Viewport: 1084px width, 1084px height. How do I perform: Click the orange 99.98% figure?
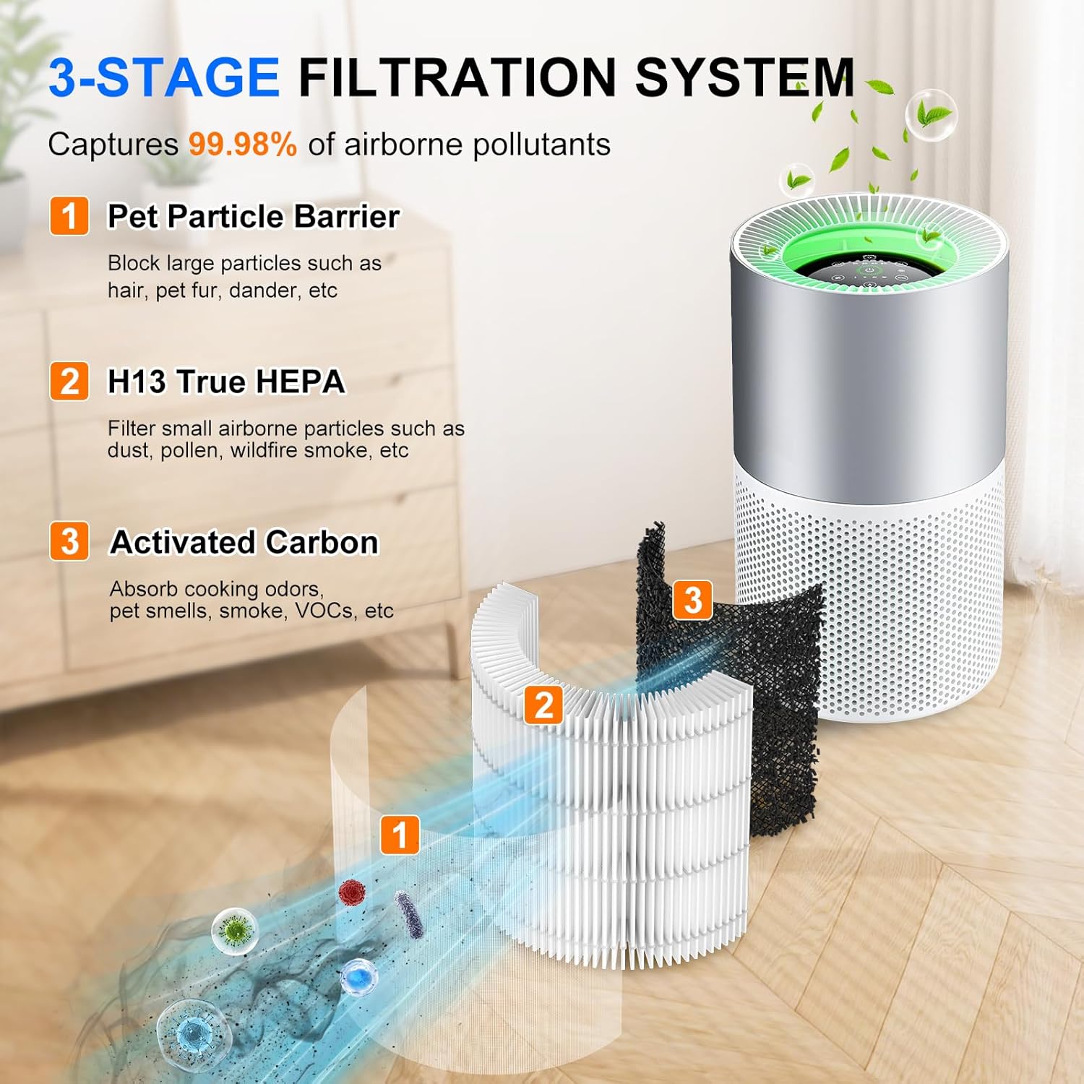(243, 145)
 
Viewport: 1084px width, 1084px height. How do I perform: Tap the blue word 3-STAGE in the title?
(164, 77)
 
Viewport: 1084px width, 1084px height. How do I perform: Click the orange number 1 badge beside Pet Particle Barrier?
(69, 216)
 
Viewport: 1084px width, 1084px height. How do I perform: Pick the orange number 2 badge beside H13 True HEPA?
(69, 382)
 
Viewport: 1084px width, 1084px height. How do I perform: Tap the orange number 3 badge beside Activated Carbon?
(69, 541)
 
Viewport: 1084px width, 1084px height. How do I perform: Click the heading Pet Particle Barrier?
(253, 216)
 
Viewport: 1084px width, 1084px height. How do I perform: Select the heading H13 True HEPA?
(226, 382)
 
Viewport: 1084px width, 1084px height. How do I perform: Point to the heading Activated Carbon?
(244, 542)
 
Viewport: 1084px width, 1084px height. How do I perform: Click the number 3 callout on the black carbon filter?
(692, 599)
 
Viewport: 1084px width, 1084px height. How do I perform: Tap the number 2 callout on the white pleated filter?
(543, 705)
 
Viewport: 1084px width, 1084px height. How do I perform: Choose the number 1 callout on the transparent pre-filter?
(400, 835)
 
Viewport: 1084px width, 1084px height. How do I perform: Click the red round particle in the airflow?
(352, 892)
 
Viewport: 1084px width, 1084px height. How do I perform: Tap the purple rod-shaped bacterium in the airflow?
(408, 913)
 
